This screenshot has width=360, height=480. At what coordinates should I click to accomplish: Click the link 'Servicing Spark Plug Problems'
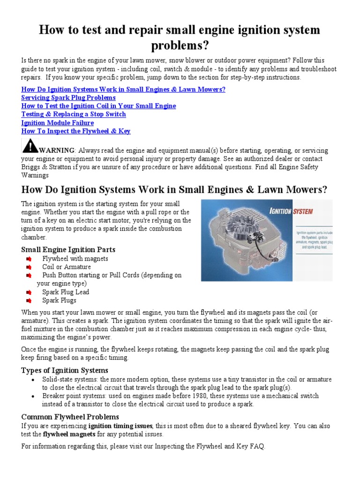pyautogui.click(x=68, y=97)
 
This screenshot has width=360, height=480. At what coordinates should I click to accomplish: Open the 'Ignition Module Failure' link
pyautogui.click(x=57, y=123)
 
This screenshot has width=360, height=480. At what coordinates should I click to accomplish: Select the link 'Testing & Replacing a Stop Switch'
pyautogui.click(x=74, y=114)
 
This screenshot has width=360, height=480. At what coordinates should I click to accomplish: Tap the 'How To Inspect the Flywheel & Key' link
pyautogui.click(x=76, y=131)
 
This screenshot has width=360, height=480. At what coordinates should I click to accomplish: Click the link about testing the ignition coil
pyautogui.click(x=98, y=106)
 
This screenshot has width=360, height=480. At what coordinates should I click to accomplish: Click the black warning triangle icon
pyautogui.click(x=30, y=146)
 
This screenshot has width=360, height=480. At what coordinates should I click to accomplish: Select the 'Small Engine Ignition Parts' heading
pyautogui.click(x=68, y=250)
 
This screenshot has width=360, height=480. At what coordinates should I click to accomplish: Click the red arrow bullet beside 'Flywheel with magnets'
pyautogui.click(x=29, y=259)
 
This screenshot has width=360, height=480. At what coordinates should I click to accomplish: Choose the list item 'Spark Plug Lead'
pyautogui.click(x=66, y=292)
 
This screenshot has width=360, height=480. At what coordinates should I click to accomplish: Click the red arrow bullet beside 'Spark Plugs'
pyautogui.click(x=29, y=300)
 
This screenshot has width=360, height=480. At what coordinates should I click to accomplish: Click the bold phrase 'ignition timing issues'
pyautogui.click(x=120, y=426)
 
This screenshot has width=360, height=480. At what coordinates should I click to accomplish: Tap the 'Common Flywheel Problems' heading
pyautogui.click(x=70, y=417)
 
